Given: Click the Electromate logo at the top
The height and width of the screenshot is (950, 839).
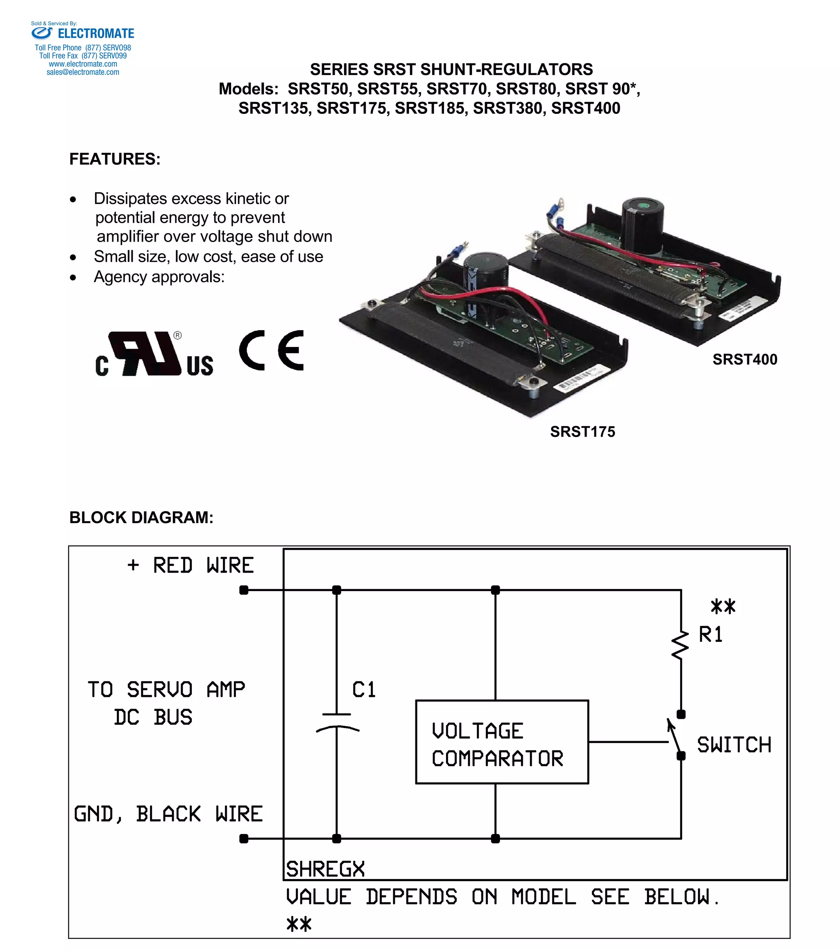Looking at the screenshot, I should pyautogui.click(x=83, y=34).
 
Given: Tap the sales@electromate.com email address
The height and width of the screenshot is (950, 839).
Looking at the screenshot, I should pyautogui.click(x=83, y=72).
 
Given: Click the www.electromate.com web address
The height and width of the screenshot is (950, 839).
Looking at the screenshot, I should pyautogui.click(x=83, y=64).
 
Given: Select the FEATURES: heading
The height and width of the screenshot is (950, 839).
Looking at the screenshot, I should pyautogui.click(x=115, y=159).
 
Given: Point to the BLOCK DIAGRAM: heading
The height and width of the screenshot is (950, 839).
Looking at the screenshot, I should pyautogui.click(x=141, y=517).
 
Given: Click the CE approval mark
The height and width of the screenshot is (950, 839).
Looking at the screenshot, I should pyautogui.click(x=272, y=350).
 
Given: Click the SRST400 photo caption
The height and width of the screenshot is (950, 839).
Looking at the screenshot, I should pyautogui.click(x=745, y=359).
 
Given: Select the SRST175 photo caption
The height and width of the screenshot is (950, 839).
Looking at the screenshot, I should pyautogui.click(x=583, y=432).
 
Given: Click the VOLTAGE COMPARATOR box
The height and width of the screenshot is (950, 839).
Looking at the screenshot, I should pyautogui.click(x=501, y=742).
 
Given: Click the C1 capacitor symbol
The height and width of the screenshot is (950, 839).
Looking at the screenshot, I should pyautogui.click(x=337, y=721).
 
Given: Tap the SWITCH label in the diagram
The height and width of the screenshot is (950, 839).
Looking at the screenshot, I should pyautogui.click(x=734, y=745).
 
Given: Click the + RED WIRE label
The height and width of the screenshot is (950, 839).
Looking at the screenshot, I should pyautogui.click(x=190, y=566).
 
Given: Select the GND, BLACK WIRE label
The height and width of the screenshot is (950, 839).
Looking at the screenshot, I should pyautogui.click(x=168, y=814).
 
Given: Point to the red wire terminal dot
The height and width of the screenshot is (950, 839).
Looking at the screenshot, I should pyautogui.click(x=244, y=590).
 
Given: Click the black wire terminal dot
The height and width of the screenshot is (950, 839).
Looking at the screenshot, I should pyautogui.click(x=244, y=839).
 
